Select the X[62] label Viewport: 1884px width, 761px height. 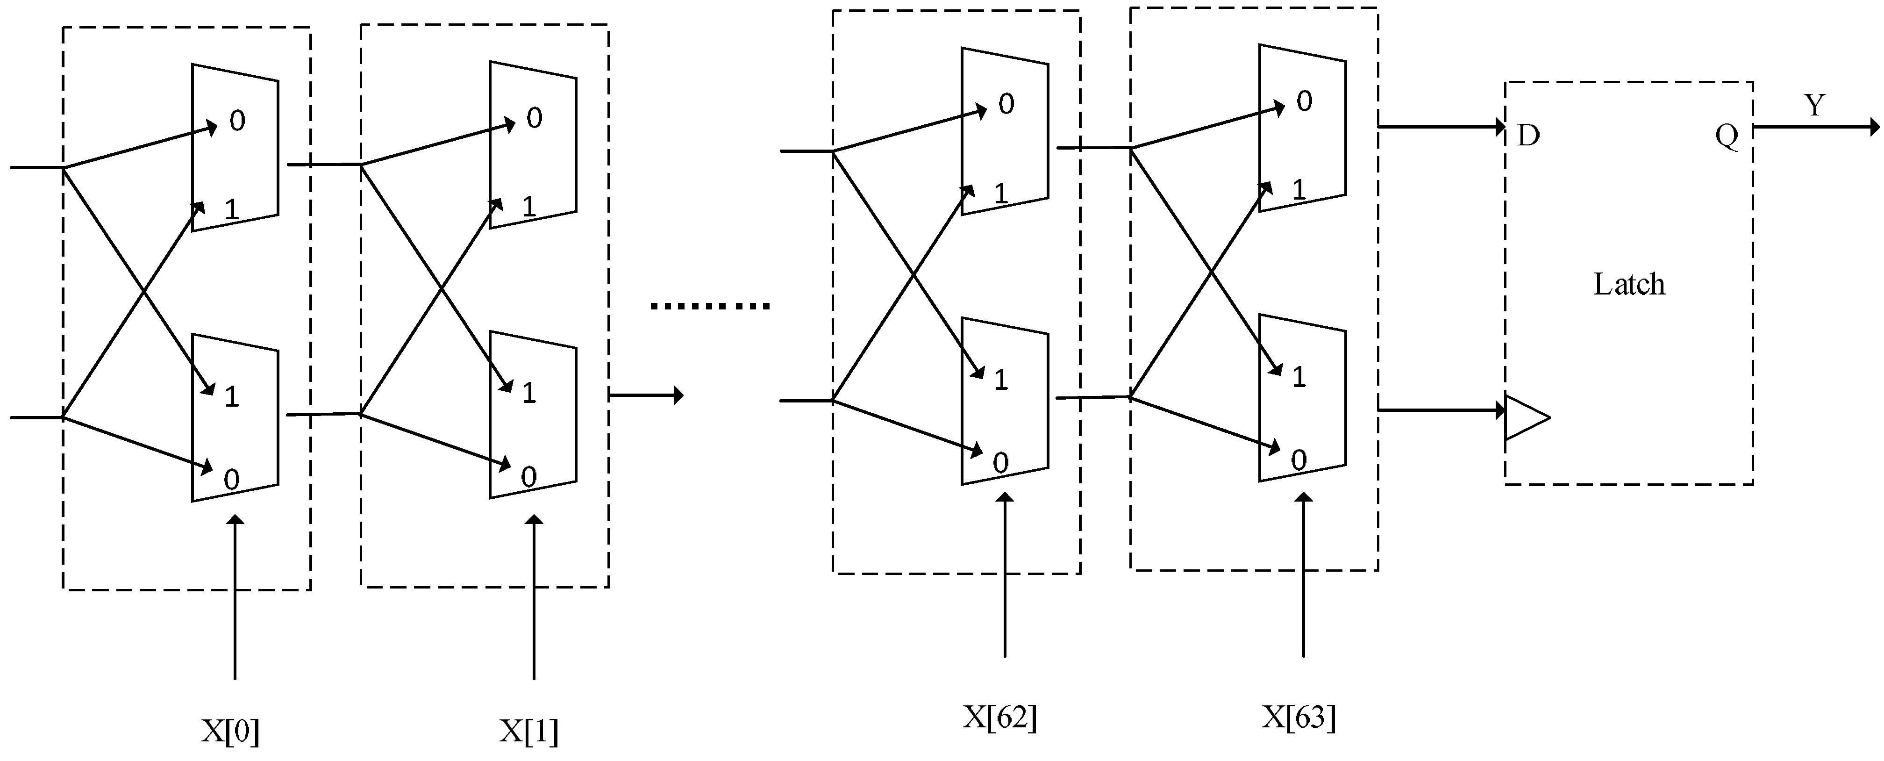coord(1000,717)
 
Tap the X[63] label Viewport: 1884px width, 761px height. coord(1299,717)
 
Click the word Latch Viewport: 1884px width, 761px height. coord(1629,284)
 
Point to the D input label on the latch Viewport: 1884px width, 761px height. coord(1528,136)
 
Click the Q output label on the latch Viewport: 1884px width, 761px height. coord(1726,136)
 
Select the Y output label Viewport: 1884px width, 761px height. coord(1814,105)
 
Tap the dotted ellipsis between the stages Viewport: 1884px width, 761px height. coord(709,306)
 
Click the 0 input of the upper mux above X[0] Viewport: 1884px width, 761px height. coord(237,121)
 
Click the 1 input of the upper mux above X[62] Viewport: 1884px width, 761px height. coord(1000,193)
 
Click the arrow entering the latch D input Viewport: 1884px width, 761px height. coord(1441,127)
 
